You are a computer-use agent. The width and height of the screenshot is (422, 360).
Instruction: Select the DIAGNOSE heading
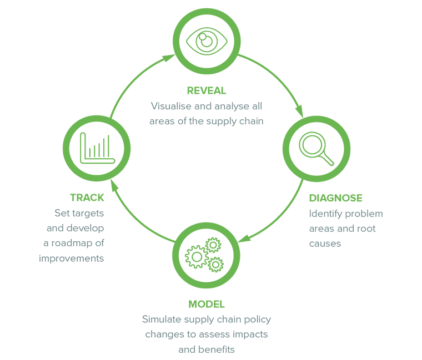pyautogui.click(x=335, y=198)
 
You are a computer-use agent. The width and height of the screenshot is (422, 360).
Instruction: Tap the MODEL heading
pyautogui.click(x=207, y=304)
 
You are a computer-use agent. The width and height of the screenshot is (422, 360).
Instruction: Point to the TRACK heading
pyautogui.click(x=87, y=198)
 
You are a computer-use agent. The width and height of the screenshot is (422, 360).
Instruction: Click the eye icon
pyautogui.click(x=207, y=40)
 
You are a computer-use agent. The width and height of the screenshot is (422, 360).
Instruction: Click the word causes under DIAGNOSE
pyautogui.click(x=324, y=244)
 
